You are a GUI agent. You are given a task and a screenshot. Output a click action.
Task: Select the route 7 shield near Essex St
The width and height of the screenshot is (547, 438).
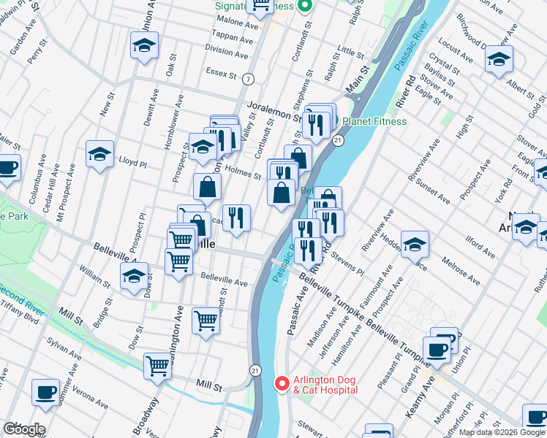coord(249,78)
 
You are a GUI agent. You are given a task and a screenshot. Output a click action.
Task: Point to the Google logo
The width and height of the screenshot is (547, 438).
coord(23,429)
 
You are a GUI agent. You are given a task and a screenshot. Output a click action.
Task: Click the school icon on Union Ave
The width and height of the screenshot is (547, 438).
coord(145,46)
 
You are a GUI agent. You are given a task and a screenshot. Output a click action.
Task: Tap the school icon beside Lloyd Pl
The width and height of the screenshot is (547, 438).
coord(99,154)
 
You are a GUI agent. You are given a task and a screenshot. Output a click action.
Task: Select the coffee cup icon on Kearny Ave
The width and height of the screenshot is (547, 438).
coord(437,350)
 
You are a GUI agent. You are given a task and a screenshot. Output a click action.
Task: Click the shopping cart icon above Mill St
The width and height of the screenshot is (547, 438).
coord(158,366)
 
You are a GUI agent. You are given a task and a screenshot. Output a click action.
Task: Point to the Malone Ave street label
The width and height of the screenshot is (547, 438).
coord(236,23)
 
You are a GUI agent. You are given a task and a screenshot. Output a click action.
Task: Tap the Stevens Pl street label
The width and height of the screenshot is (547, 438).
coord(347,263)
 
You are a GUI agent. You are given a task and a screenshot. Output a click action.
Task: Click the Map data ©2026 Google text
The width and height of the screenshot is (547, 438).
coord(500,432)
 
